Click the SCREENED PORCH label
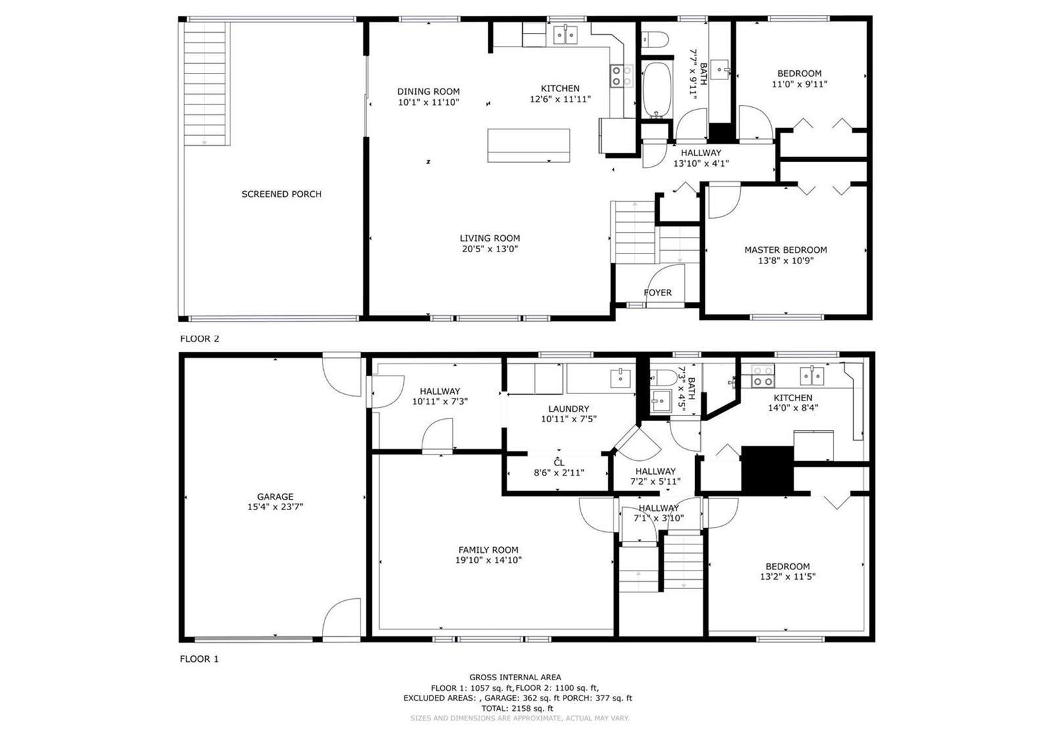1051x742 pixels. point(282,194)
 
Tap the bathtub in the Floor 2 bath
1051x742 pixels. point(656,90)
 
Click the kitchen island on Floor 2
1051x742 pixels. point(529,145)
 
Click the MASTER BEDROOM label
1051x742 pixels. point(786,250)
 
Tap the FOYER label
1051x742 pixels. point(658,293)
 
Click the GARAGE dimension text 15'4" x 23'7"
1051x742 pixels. point(275,506)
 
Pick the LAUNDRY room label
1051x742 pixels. point(569,408)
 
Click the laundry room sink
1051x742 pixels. point(620,378)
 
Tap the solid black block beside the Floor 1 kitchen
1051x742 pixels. point(767,469)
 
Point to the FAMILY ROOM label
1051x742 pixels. point(489,550)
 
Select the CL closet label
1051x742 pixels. point(559,463)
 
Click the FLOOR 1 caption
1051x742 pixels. point(200,659)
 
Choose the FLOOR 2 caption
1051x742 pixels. point(200,339)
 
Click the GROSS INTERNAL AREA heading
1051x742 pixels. point(515,677)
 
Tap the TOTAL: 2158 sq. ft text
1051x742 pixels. point(517,709)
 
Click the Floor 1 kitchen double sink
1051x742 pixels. point(812,376)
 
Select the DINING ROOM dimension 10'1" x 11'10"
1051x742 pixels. point(428,102)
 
